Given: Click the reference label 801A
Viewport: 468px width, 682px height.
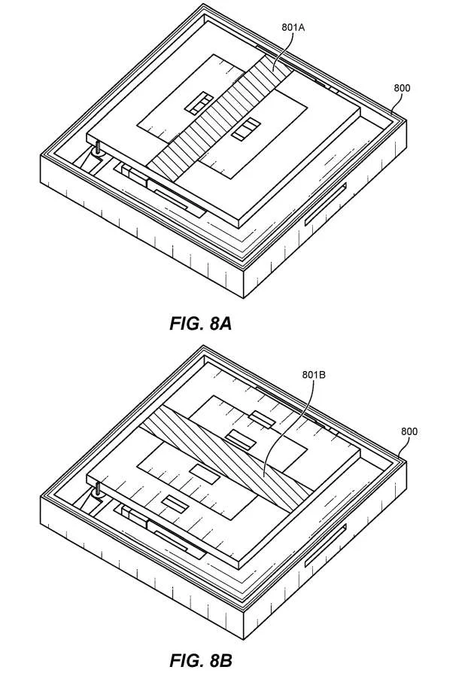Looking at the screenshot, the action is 293,27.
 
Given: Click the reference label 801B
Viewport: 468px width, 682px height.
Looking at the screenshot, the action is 314,374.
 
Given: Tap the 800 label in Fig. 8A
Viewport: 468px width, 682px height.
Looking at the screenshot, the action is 402,88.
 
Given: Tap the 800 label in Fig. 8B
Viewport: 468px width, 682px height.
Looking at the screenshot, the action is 409,431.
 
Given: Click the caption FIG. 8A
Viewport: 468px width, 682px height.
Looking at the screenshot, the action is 200,324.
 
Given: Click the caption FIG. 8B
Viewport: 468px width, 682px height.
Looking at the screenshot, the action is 200,660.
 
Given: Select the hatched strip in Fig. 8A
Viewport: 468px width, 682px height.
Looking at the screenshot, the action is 220,115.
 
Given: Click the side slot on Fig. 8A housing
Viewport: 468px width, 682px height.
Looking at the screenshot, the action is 325,205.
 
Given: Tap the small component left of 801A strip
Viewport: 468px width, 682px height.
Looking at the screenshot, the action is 199,103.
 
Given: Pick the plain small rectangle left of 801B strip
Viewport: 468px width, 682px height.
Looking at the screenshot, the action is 205,473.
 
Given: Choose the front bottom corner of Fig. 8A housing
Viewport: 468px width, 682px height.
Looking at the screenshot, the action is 243,298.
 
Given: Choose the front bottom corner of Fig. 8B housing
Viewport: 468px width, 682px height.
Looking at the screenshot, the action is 243,639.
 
